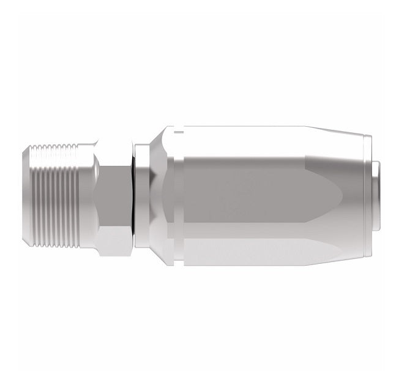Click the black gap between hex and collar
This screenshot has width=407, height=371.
tap(132, 196)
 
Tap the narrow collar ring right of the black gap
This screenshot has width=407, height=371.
tap(140, 196)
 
